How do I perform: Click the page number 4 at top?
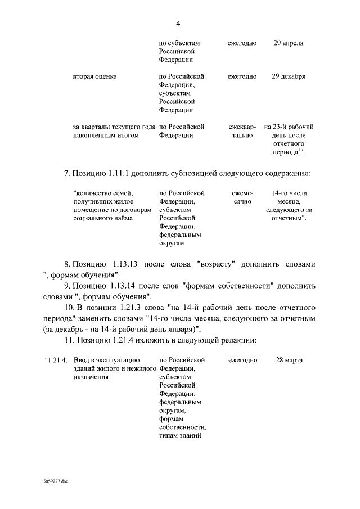tap(178, 23)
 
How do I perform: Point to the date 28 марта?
tap(291, 359)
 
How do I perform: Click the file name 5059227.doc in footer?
tap(55, 482)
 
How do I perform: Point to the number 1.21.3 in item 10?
tap(133, 308)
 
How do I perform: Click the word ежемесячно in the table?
tap(242, 197)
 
